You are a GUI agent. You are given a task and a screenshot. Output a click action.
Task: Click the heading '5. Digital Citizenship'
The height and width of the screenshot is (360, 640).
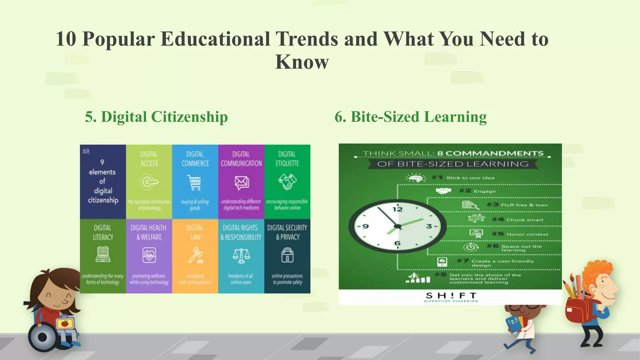click(156, 117)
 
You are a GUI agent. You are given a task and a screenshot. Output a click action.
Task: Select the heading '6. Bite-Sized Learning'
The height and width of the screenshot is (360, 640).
click(410, 117)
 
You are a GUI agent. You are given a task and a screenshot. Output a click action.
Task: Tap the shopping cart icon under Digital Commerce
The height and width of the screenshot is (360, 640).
click(195, 182)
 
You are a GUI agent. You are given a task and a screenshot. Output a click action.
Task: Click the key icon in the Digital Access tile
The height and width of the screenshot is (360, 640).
click(149, 182)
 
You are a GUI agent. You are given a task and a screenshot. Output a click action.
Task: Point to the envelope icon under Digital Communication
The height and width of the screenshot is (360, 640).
click(242, 182)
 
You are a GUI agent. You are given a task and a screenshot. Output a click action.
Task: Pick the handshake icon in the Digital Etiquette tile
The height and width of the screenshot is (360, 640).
click(287, 182)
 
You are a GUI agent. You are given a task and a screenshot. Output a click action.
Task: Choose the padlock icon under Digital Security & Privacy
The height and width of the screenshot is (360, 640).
click(287, 255)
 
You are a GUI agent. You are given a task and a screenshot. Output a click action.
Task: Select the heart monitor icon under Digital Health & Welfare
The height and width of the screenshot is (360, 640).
click(149, 256)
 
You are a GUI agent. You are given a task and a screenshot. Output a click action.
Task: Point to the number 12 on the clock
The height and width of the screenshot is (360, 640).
click(397, 209)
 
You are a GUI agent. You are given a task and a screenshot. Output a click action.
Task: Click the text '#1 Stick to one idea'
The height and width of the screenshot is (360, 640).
click(463, 178)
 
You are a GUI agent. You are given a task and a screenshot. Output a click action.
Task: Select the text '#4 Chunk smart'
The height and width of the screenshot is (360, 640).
click(517, 220)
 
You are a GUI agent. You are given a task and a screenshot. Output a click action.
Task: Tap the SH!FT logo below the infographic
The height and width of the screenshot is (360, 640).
click(451, 296)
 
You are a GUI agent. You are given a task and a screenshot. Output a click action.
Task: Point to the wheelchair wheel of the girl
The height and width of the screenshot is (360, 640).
click(42, 337)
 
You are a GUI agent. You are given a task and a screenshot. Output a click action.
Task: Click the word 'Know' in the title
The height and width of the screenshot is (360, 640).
click(302, 62)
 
